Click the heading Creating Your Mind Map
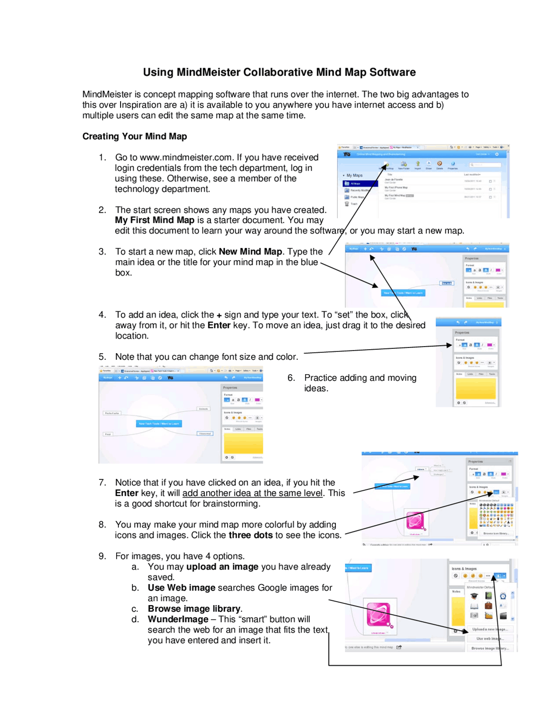(x=135, y=136)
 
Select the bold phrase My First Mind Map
(x=155, y=220)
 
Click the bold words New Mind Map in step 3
(x=250, y=251)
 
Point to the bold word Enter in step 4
(x=219, y=325)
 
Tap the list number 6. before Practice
(x=291, y=378)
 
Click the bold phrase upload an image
(x=222, y=567)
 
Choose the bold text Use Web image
(x=181, y=588)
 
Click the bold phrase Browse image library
(x=194, y=609)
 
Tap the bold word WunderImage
(x=178, y=619)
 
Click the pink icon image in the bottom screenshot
(x=378, y=615)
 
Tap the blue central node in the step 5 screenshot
(x=159, y=423)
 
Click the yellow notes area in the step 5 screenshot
(x=243, y=443)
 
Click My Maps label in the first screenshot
(x=354, y=175)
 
